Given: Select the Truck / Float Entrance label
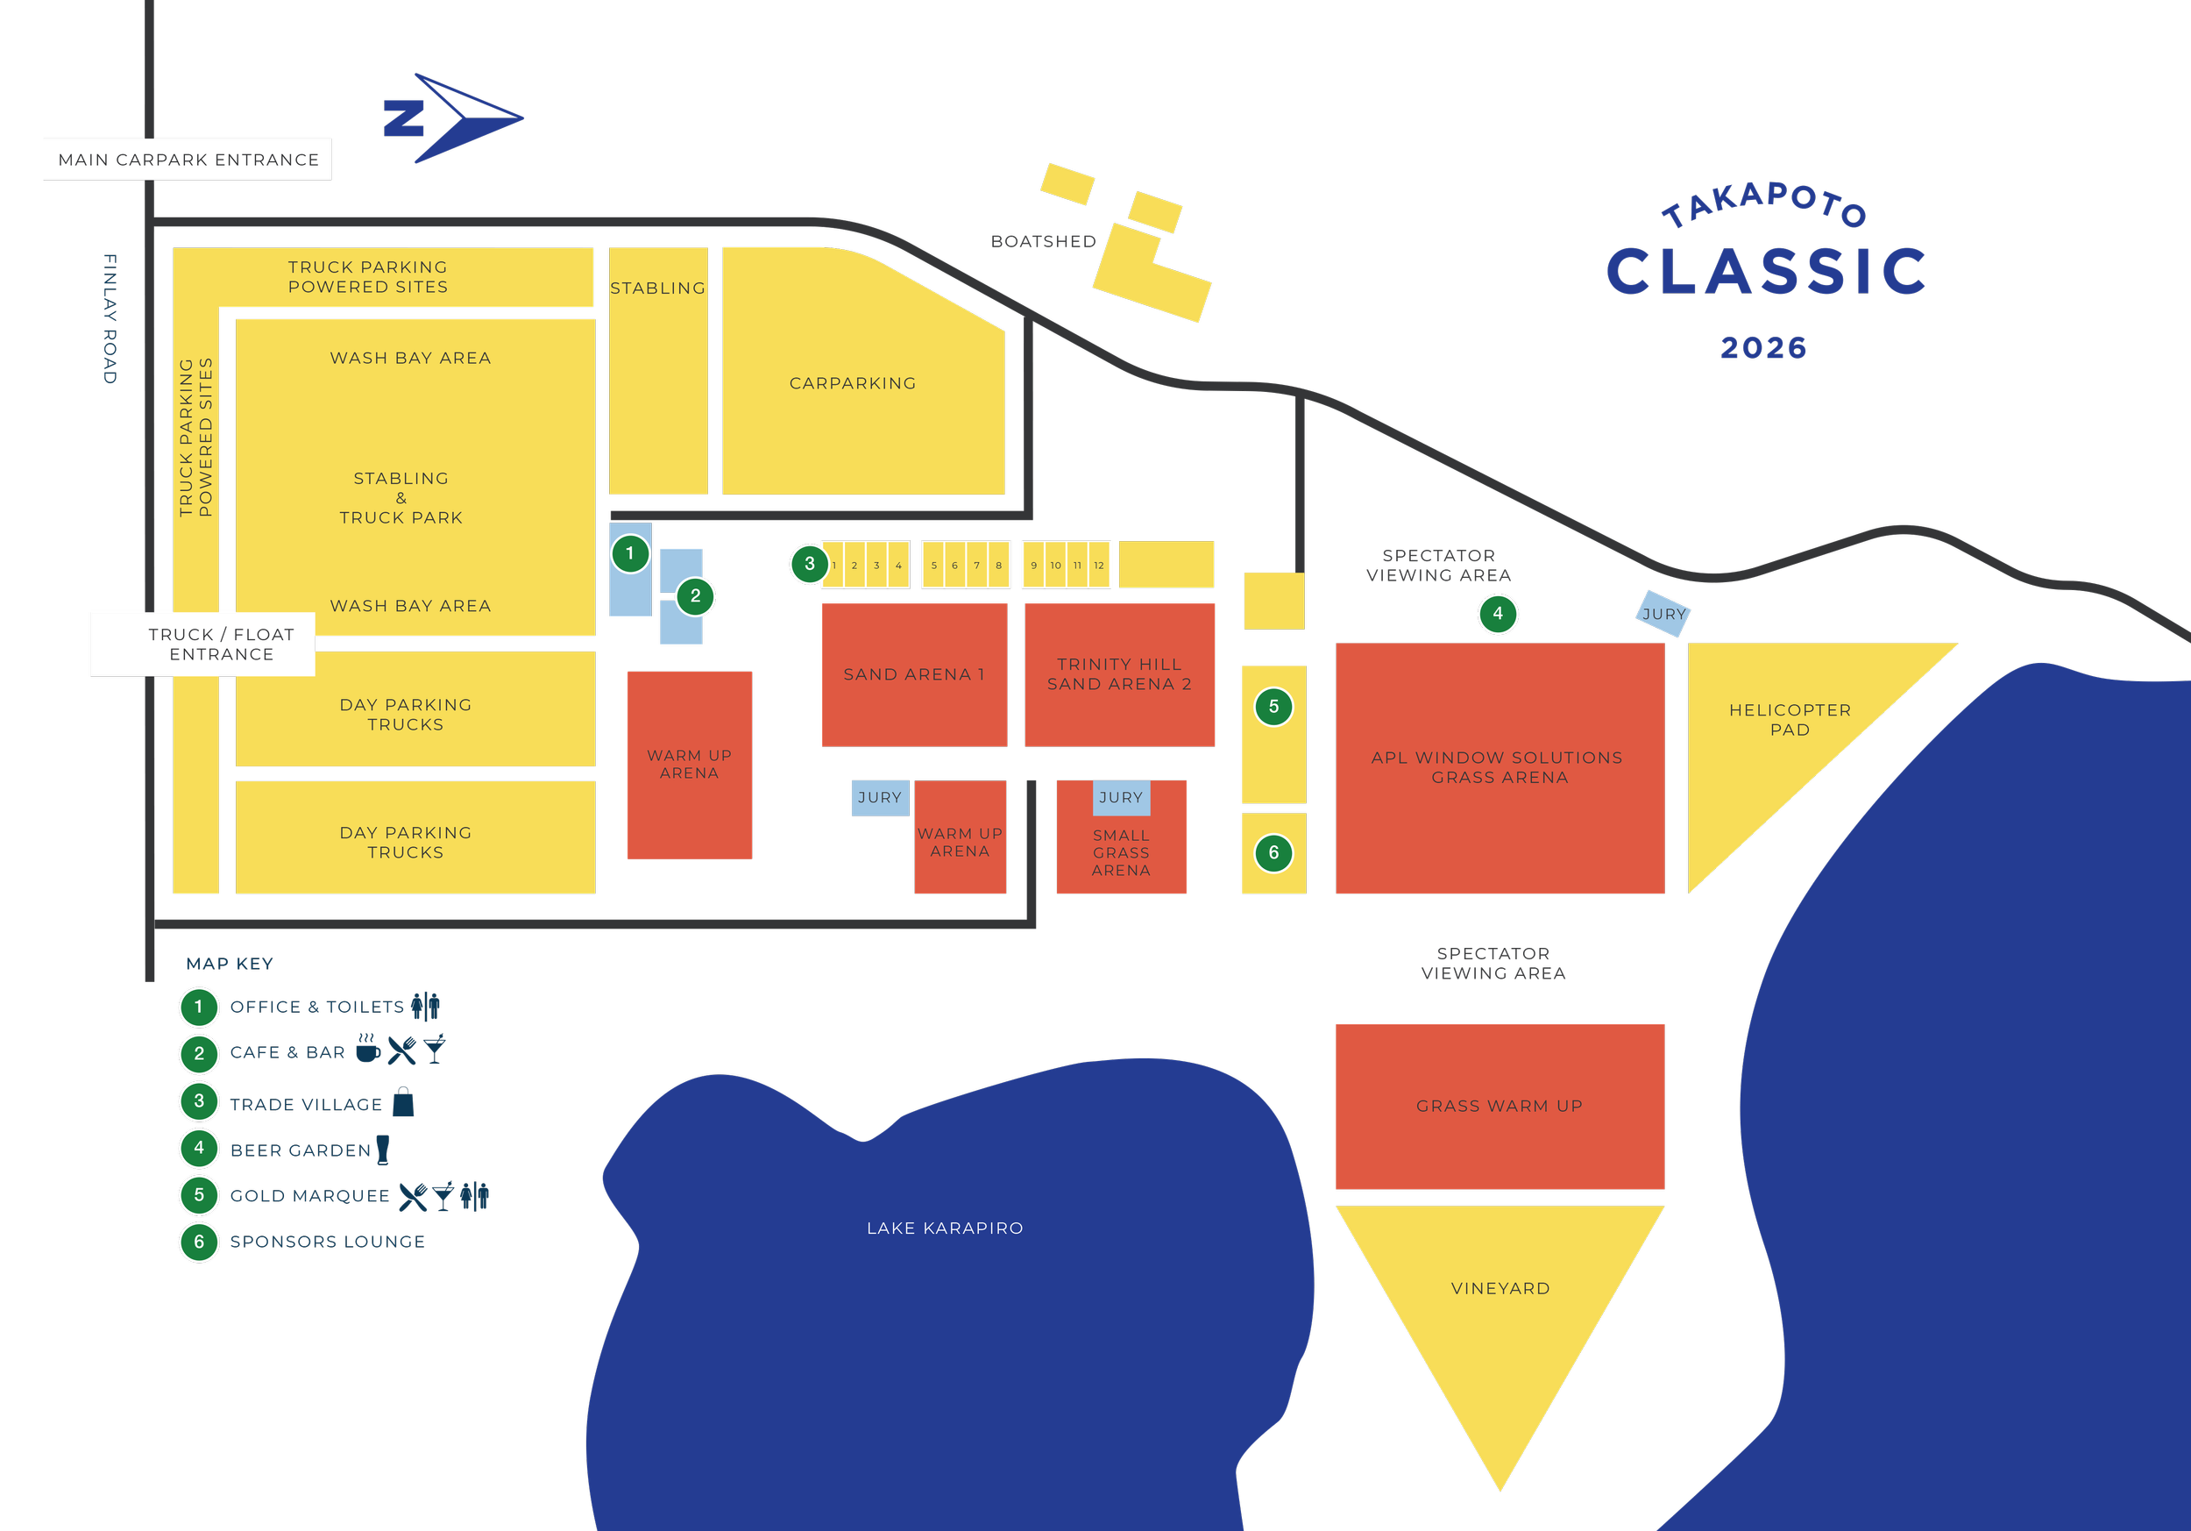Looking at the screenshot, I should pyautogui.click(x=221, y=644).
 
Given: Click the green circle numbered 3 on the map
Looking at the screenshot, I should pyautogui.click(x=809, y=564).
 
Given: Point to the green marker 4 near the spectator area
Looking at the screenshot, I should pyautogui.click(x=1497, y=614).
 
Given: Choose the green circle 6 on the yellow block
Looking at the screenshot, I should pyautogui.click(x=1273, y=853).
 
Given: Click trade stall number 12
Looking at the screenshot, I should pyautogui.click(x=1099, y=565).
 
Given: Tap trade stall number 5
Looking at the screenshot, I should pyautogui.click(x=933, y=565).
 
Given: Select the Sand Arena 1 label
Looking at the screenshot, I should pyautogui.click(x=913, y=674).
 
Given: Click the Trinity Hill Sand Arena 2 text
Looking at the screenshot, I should pyautogui.click(x=1119, y=674).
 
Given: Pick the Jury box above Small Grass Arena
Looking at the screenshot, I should pyautogui.click(x=1120, y=798).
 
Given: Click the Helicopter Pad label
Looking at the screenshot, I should pyautogui.click(x=1790, y=720).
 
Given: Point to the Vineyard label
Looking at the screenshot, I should pyautogui.click(x=1500, y=1289).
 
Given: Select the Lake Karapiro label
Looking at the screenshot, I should pyautogui.click(x=945, y=1228).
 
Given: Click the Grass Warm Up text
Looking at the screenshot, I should pyautogui.click(x=1500, y=1107).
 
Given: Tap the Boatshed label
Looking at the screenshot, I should pyautogui.click(x=1043, y=241).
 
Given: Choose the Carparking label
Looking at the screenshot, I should pyautogui.click(x=852, y=382).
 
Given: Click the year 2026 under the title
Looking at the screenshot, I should pyautogui.click(x=1763, y=348).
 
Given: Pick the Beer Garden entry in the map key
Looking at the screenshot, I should pyautogui.click(x=301, y=1150).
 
